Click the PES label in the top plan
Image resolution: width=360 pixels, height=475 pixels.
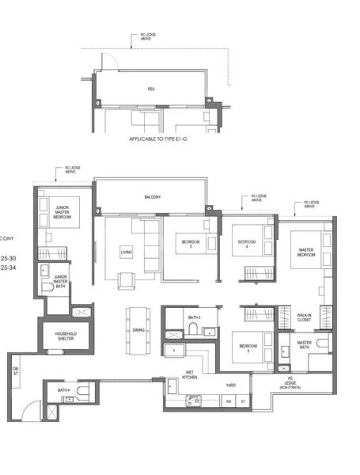tap(150, 89)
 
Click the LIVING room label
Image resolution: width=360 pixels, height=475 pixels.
tap(127, 253)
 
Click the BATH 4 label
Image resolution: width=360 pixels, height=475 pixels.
tap(64, 390)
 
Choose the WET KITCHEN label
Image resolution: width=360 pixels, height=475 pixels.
tap(191, 374)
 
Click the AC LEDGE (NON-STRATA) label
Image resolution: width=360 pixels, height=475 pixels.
tap(290, 382)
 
